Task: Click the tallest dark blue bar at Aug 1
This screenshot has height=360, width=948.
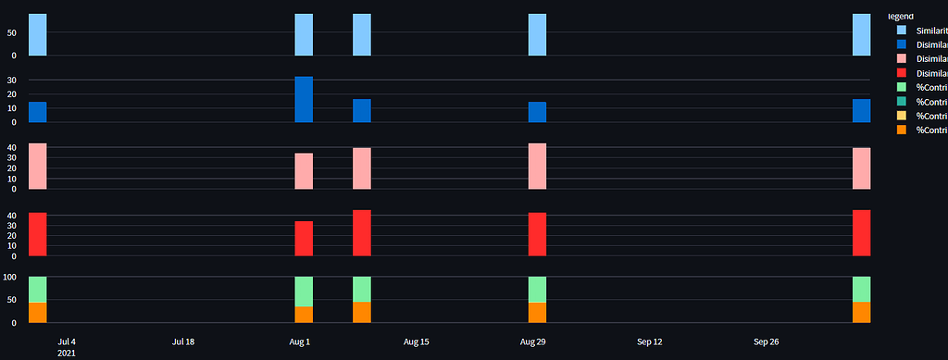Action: pyautogui.click(x=304, y=99)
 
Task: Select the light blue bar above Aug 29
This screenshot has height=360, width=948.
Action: pyautogui.click(x=537, y=35)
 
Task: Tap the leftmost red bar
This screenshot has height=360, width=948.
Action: pyautogui.click(x=38, y=234)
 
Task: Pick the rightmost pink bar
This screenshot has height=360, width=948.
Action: pyautogui.click(x=861, y=168)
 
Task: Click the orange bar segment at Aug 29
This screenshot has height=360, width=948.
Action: pyautogui.click(x=537, y=313)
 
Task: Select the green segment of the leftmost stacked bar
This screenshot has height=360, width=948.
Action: pyautogui.click(x=38, y=290)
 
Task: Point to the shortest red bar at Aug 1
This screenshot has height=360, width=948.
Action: pyautogui.click(x=304, y=238)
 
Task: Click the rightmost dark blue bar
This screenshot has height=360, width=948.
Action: pyautogui.click(x=861, y=111)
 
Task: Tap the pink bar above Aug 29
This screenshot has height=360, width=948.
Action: pyautogui.click(x=537, y=167)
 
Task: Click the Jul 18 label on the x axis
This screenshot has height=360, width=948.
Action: pyautogui.click(x=183, y=341)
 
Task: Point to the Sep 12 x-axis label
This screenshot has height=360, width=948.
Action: pyautogui.click(x=650, y=341)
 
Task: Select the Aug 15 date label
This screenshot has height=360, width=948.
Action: pyautogui.click(x=417, y=341)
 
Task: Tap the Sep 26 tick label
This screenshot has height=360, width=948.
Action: pyautogui.click(x=767, y=341)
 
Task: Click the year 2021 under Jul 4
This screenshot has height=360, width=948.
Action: pyautogui.click(x=67, y=353)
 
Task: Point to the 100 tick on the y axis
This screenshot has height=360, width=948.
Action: pyautogui.click(x=11, y=277)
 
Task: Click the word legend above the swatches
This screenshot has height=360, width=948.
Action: pyautogui.click(x=900, y=16)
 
